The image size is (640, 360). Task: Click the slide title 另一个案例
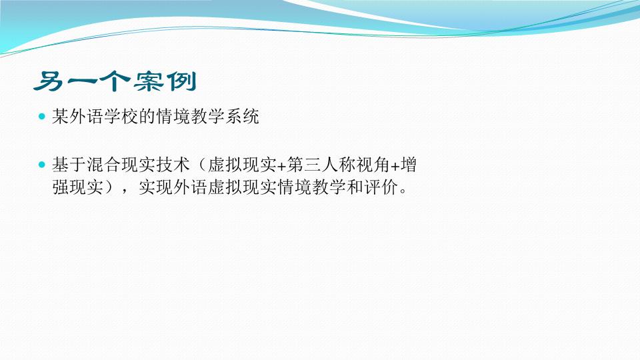coord(115,81)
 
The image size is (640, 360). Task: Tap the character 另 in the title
coord(48,81)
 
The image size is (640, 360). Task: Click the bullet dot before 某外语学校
coord(41,117)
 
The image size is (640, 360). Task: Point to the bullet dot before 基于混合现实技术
coord(41,165)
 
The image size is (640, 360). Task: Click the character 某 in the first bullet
coord(61,117)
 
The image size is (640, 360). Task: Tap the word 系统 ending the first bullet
coord(242,117)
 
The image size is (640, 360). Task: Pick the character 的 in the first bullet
coord(147,117)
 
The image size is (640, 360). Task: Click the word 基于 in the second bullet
coord(69,165)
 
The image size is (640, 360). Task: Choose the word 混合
coord(104,165)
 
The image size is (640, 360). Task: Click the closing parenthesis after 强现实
coord(109,188)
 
